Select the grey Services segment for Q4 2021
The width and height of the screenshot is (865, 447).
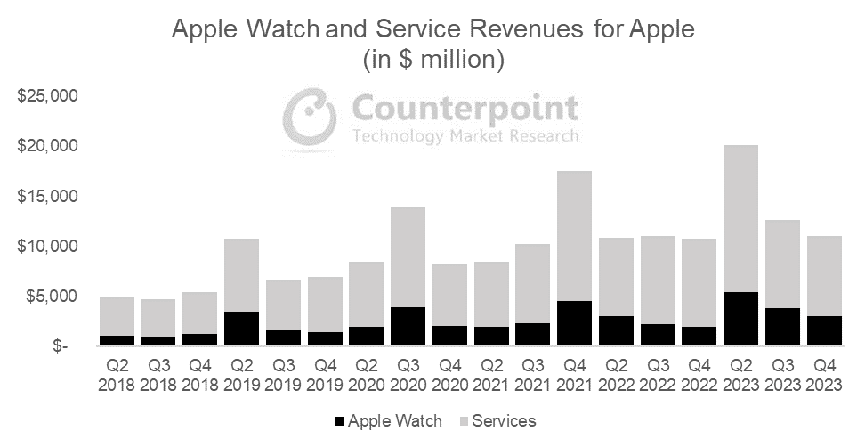tap(574, 236)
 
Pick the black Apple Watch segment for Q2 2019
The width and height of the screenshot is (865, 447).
tap(240, 329)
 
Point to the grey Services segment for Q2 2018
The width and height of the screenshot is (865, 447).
tap(117, 316)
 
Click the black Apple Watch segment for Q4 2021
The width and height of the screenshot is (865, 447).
tap(574, 323)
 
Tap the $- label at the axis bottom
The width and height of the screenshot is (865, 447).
tap(61, 346)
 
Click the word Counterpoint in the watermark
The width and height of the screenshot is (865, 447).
tap(465, 110)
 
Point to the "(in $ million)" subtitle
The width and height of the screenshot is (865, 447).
tap(433, 61)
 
